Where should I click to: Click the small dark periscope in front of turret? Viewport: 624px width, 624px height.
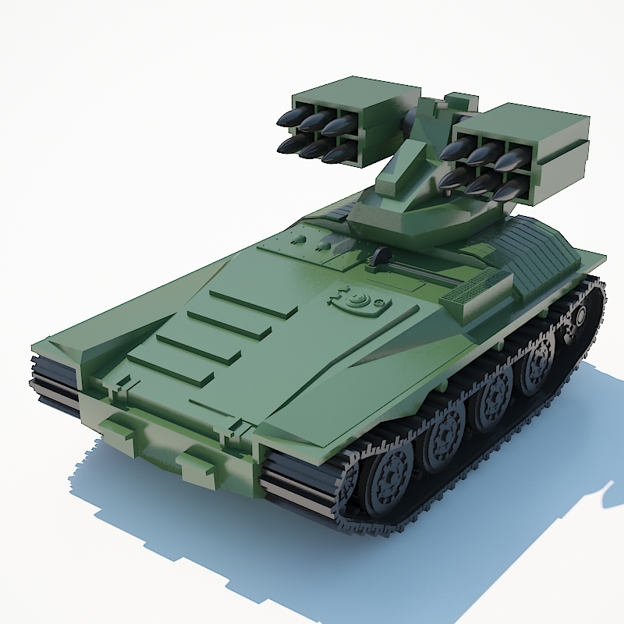(x=381, y=256)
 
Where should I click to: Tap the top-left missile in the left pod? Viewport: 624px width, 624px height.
(x=290, y=119)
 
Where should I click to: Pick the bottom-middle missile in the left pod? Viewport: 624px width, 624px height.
(x=316, y=148)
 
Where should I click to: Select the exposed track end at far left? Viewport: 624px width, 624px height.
(x=53, y=381)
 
